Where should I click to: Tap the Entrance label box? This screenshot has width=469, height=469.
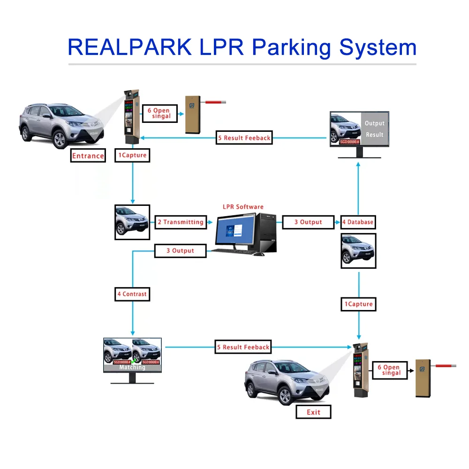coord(88,156)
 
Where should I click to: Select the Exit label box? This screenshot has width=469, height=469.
coord(313,412)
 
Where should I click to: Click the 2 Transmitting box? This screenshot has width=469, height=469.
coord(181,222)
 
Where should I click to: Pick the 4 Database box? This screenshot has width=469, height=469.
coord(358,222)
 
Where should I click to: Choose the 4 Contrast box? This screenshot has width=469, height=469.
coord(132,294)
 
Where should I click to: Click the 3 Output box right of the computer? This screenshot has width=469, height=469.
coord(308,222)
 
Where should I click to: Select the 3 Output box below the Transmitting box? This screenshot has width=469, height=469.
coord(181,250)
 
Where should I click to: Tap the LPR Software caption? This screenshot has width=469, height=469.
coord(242,206)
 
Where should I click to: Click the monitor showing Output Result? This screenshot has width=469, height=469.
coord(359,129)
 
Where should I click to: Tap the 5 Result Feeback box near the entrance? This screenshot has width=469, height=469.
coord(244,138)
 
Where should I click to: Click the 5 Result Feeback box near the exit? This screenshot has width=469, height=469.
coord(243,347)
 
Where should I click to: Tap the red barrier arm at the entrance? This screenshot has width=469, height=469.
coord(215,101)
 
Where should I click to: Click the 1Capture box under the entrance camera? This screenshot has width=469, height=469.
coord(132,155)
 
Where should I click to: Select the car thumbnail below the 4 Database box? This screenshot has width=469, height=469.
coord(358,251)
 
